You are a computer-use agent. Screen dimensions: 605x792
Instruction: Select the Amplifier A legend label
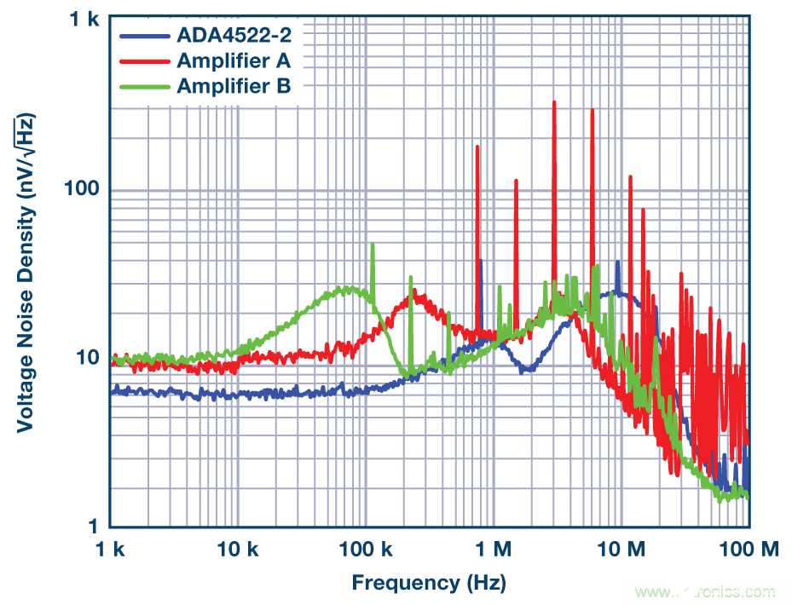(234, 60)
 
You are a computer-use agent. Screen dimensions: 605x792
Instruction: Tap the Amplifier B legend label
(234, 85)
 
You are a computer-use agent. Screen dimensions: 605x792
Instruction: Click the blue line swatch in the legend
(145, 37)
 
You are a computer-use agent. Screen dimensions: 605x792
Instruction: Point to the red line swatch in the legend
(145, 61)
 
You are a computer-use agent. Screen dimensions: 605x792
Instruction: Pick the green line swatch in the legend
(145, 86)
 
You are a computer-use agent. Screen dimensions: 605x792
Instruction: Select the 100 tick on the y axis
(82, 189)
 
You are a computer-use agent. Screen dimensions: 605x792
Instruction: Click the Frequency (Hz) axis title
(429, 583)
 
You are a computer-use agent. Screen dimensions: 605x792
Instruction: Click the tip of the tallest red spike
(554, 101)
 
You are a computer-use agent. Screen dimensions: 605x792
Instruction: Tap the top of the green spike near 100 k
(373, 245)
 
